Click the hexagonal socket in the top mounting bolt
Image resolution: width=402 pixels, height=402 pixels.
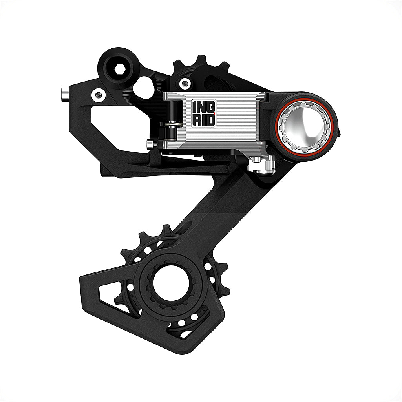120,70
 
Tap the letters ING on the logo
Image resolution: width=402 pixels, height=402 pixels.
203,107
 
